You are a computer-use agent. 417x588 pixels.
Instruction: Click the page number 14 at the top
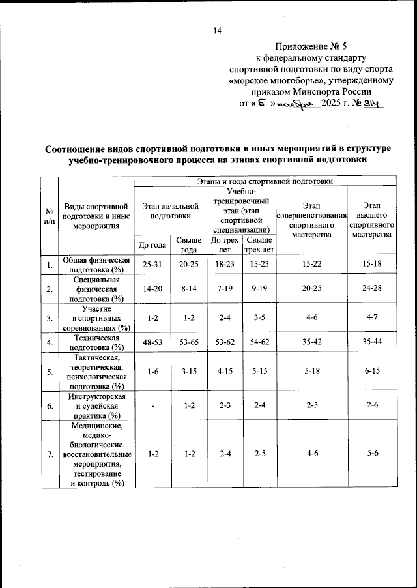(218, 31)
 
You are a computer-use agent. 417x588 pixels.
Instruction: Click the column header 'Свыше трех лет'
(259, 245)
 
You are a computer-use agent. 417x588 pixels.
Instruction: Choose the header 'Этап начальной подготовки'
(170, 211)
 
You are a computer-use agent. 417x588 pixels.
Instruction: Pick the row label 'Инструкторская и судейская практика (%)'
(96, 405)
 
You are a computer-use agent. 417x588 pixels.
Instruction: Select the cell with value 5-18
(311, 371)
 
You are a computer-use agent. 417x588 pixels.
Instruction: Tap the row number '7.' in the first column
(49, 454)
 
